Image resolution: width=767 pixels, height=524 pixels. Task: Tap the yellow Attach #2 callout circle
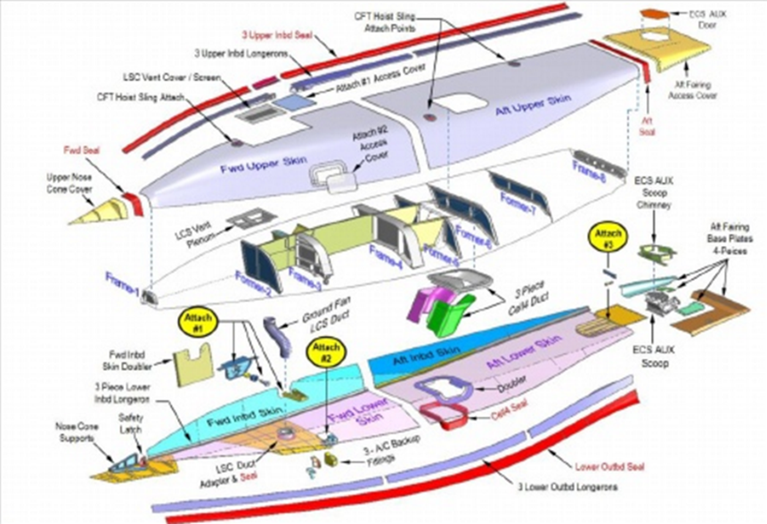pos(328,353)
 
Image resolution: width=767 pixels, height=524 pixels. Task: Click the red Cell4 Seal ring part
pos(445,411)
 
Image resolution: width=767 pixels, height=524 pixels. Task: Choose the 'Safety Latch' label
pos(131,424)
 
